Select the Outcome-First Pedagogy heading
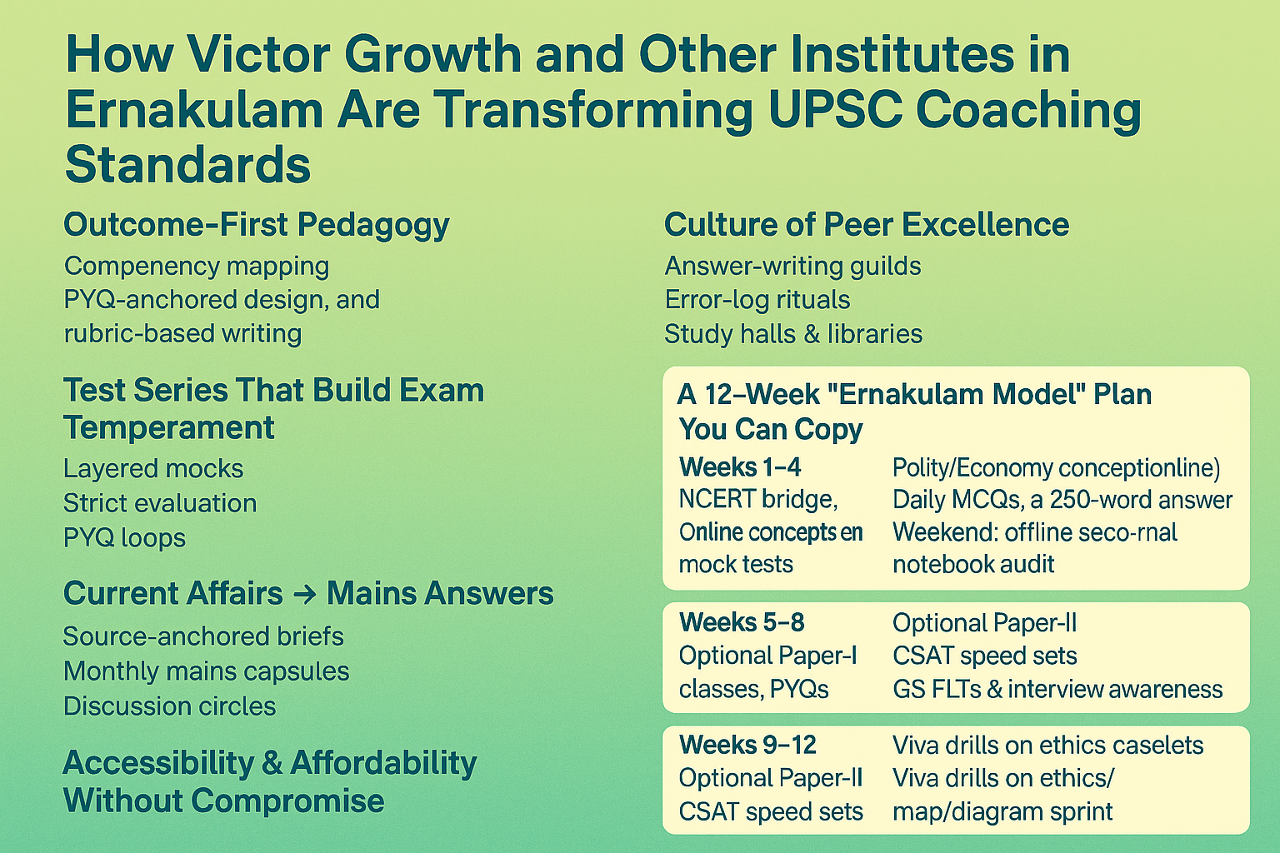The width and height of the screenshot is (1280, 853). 256,225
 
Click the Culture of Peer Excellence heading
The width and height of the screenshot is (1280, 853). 866,225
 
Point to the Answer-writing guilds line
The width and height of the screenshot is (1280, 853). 792,267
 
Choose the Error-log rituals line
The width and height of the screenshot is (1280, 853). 757,300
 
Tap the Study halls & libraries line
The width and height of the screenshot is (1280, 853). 792,334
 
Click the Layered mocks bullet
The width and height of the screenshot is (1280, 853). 153,469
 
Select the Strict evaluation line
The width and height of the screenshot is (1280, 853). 160,503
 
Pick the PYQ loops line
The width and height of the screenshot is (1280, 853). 124,538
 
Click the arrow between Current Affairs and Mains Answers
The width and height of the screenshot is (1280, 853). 305,594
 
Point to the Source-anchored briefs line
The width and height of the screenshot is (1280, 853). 203,636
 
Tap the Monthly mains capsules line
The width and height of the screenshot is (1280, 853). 206,671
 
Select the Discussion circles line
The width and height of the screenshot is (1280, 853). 169,706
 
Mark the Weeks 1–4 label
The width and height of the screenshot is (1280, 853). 739,467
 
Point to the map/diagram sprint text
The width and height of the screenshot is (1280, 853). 1002,811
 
